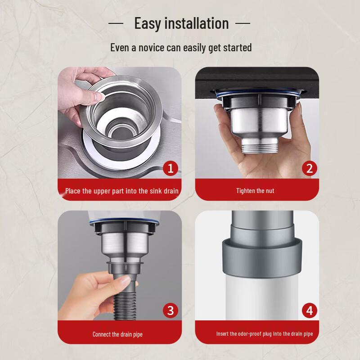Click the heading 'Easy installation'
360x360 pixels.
click(181, 23)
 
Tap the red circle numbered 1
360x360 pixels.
click(170, 168)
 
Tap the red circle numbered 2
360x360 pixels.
click(309, 168)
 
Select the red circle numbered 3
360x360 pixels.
click(170, 310)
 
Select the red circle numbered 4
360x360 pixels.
click(309, 310)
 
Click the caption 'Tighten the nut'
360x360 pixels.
click(255, 191)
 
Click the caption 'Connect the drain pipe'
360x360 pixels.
click(117, 334)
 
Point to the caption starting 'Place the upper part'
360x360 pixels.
click(121, 191)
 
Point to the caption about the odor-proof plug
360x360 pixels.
click(264, 334)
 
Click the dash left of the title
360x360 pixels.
click(116, 23)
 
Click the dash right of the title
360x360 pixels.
click(243, 23)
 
